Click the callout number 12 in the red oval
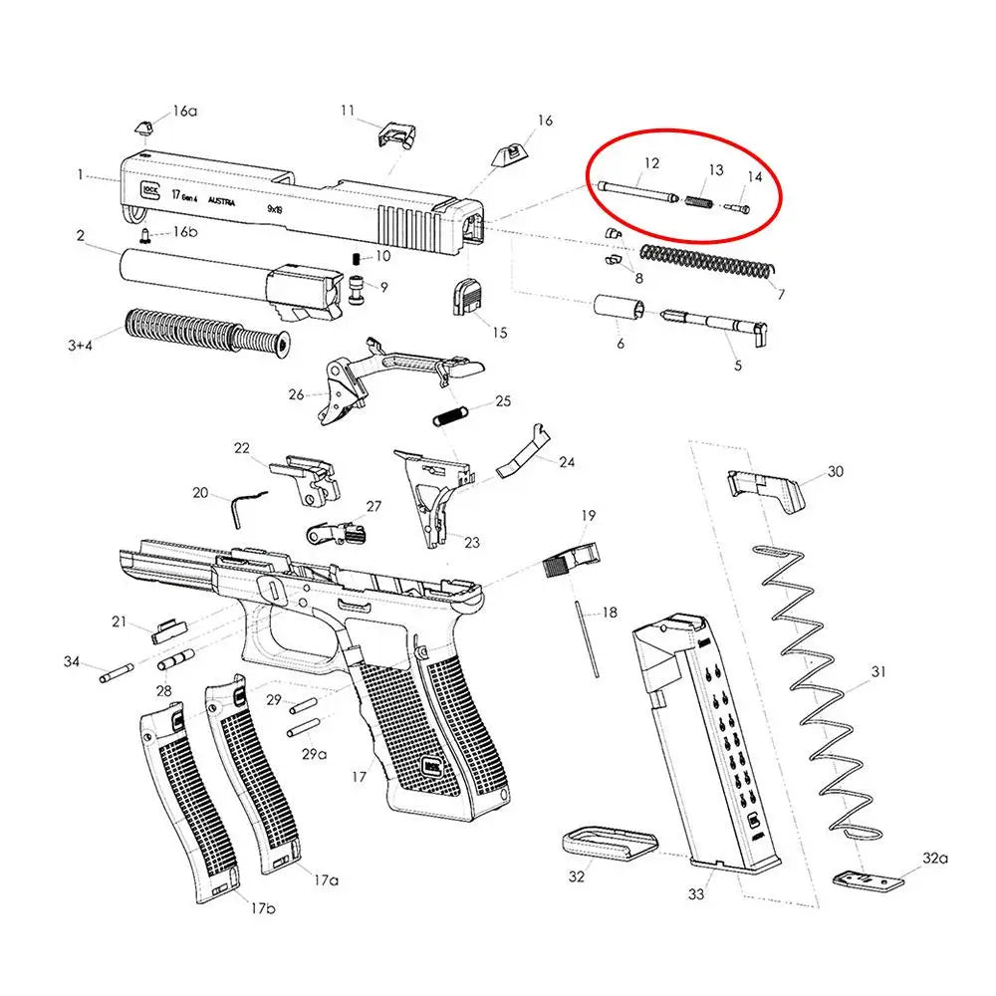tap(651, 163)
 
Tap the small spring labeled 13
tap(698, 202)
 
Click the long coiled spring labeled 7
tap(707, 260)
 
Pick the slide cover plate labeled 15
tap(466, 297)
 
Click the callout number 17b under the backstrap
tap(262, 907)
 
